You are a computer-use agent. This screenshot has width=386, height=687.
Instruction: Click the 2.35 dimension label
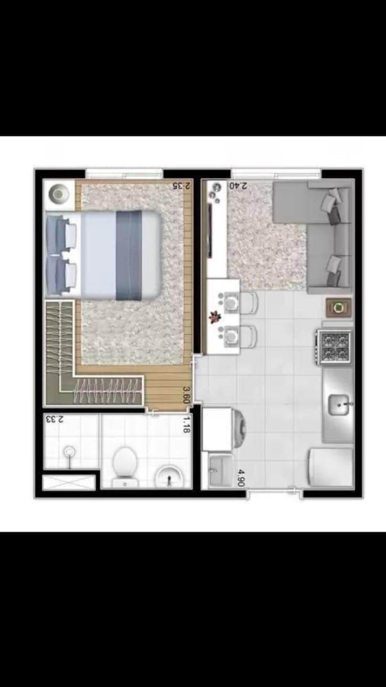coord(184,186)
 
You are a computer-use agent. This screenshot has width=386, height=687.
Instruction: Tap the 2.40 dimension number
coord(238,186)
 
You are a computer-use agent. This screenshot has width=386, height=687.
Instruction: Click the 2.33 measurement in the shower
coord(54,419)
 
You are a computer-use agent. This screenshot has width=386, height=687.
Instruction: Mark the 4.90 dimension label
coord(241,478)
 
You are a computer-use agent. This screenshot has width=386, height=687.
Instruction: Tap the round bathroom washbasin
coord(168,476)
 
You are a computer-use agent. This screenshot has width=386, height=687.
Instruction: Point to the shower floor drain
coord(70,451)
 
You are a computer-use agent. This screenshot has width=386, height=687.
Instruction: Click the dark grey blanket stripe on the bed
coord(129,255)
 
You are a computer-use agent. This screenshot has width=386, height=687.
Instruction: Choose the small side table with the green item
coord(339,308)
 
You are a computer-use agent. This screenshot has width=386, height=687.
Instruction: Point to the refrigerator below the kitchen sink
coord(331,467)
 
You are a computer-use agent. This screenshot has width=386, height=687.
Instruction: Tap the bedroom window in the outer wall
coord(124,173)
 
